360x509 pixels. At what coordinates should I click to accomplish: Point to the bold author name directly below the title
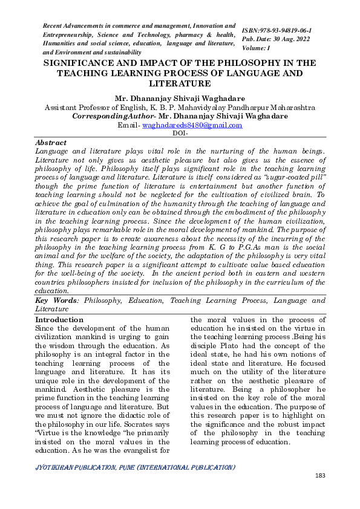pos(180,98)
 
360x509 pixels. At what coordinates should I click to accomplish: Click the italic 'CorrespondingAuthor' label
pos(111,116)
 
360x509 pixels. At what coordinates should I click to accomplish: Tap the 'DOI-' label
pos(180,133)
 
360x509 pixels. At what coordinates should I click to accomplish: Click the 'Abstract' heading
pos(51,142)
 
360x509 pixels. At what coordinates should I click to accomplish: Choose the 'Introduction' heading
pos(59,320)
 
